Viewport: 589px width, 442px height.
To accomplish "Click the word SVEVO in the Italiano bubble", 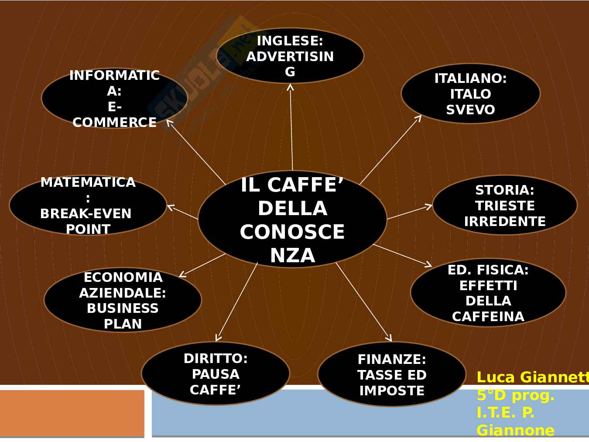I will [470, 110].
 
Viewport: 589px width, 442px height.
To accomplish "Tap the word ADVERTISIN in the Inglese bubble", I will [290, 56].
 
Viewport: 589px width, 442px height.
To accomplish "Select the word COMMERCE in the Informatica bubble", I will [114, 123].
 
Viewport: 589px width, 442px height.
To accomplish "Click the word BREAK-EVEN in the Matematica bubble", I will [86, 214].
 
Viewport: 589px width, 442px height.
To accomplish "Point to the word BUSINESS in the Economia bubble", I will [123, 308].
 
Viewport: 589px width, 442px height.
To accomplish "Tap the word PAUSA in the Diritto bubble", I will [216, 374].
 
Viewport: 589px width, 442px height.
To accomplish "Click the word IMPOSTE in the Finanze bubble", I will [392, 391].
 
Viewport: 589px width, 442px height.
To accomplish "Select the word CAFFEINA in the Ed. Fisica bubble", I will [488, 316].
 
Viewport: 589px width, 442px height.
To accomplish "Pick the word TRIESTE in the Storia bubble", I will [505, 206].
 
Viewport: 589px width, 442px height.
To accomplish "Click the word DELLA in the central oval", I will [292, 209].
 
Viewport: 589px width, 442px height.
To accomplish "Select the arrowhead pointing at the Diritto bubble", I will [218, 338].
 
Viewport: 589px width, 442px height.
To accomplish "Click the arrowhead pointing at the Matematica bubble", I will [170, 207].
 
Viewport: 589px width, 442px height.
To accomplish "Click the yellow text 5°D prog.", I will [515, 395].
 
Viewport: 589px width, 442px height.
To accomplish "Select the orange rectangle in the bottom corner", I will [72, 413].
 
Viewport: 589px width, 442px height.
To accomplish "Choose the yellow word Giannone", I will [515, 431].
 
